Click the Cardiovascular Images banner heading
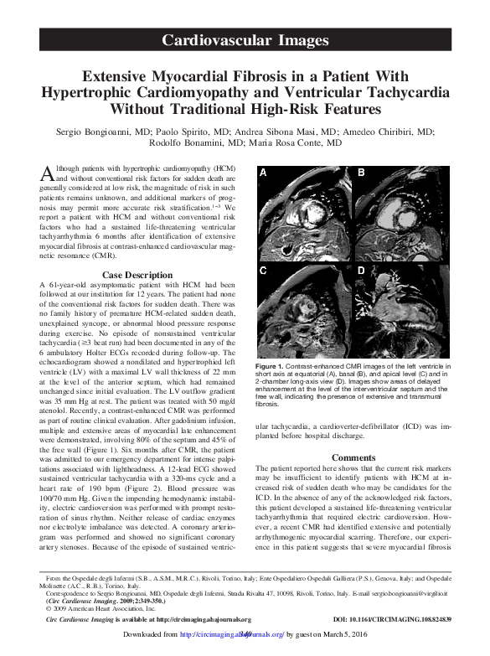[245, 39]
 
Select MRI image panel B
[398, 211]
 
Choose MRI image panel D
[398, 307]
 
